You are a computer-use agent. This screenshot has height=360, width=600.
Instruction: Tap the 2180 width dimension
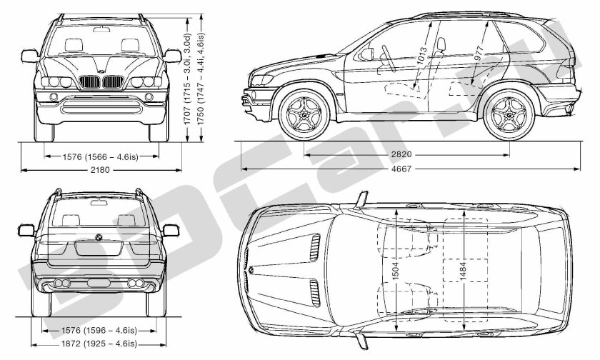[99, 169]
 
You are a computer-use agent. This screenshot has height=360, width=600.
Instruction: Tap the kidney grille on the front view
[99, 83]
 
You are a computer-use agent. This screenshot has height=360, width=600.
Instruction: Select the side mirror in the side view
[368, 54]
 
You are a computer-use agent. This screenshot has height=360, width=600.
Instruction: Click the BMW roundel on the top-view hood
[251, 270]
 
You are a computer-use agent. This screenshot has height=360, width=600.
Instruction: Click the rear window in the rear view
[99, 210]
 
